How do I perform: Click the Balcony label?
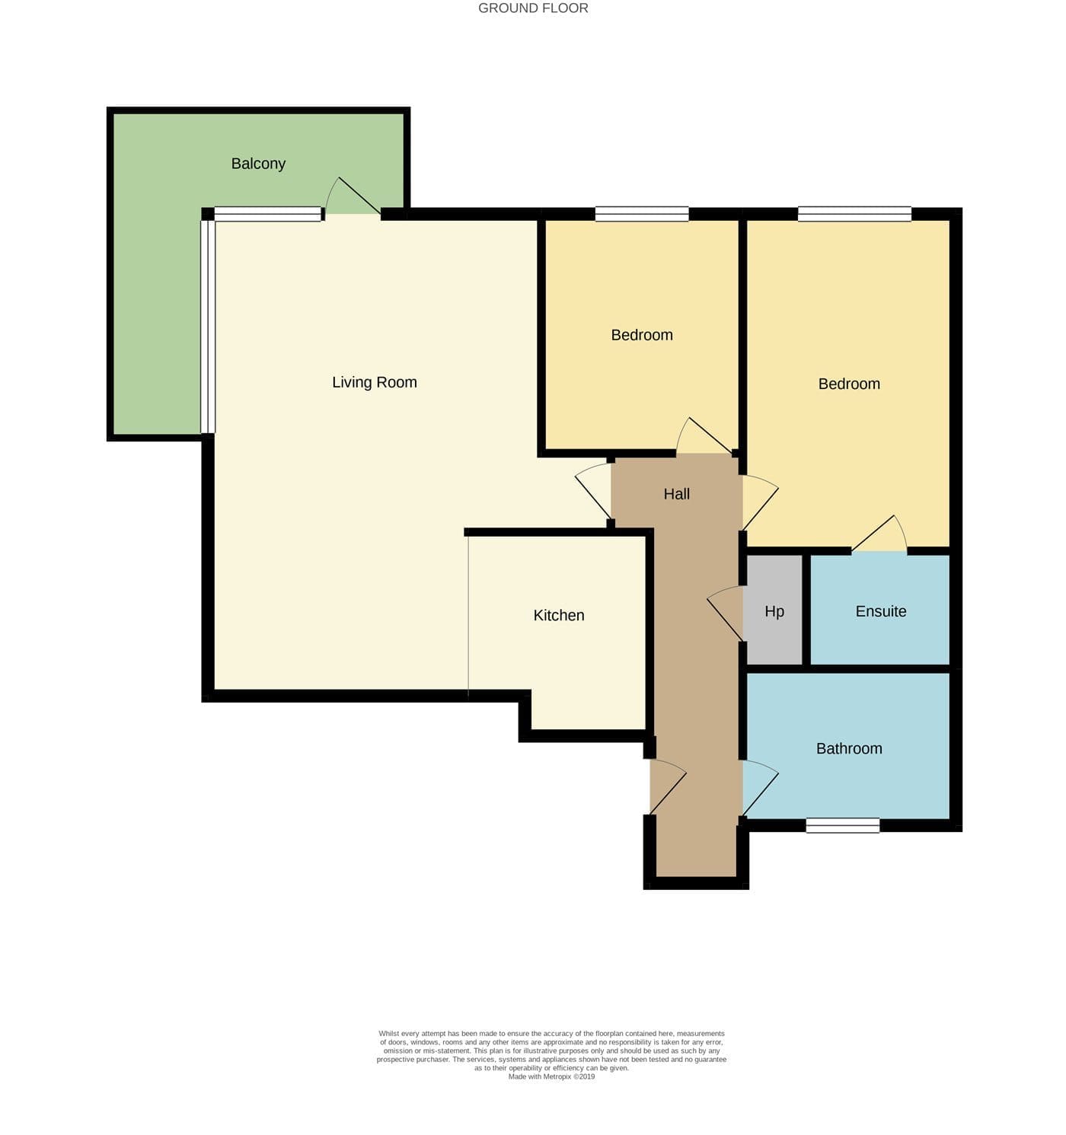258,164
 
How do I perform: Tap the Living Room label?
374,382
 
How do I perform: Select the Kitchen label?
558,616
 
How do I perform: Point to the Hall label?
676,494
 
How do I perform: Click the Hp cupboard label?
774,612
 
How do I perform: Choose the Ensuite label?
880,611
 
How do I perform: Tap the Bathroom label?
849,748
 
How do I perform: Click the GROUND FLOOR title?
532,8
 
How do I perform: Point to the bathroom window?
842,825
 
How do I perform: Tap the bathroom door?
760,788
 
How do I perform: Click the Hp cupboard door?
725,613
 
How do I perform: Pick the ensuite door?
879,534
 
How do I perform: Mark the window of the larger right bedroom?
854,215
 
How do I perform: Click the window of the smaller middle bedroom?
641,215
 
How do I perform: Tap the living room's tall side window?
208,327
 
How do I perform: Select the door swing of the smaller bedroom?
704,436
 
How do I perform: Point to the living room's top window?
268,214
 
